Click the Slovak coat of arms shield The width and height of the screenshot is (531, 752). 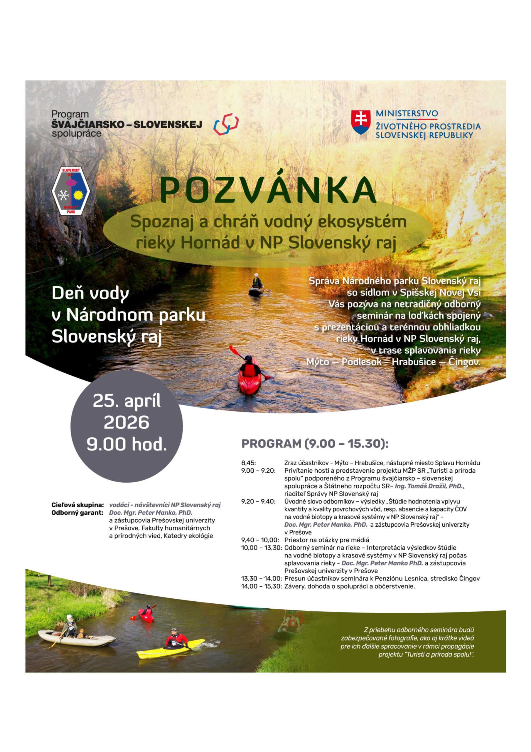[360, 122]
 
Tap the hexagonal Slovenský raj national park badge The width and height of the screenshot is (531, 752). [71, 191]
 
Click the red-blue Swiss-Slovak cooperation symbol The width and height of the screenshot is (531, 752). [226, 125]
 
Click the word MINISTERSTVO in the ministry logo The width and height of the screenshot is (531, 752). [407, 114]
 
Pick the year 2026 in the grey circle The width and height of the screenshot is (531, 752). [127, 422]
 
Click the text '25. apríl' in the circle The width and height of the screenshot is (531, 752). [127, 401]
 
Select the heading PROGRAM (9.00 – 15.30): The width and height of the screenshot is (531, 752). [315, 444]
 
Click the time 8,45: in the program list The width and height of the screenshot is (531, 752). [249, 463]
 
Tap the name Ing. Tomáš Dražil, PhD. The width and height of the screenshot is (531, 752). [429, 486]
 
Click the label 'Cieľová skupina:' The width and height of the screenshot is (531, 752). [77, 505]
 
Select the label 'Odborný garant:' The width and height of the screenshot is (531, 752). [77, 513]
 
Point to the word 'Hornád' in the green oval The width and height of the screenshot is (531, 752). [210, 243]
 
